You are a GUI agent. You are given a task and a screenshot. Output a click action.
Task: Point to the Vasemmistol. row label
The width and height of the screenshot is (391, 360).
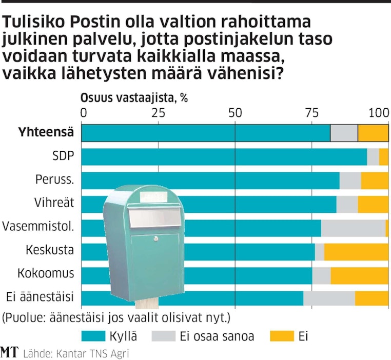(x=38, y=226)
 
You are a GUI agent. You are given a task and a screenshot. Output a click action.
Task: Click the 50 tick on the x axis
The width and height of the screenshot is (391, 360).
(x=234, y=112)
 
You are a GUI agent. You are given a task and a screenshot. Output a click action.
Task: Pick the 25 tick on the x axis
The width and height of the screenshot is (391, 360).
(x=158, y=112)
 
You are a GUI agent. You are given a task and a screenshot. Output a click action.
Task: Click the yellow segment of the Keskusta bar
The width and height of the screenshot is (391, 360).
(x=356, y=251)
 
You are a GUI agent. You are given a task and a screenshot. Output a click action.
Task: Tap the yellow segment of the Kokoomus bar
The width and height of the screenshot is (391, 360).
(x=359, y=275)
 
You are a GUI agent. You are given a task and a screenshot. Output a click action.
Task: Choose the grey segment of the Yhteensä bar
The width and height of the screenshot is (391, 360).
(x=344, y=133)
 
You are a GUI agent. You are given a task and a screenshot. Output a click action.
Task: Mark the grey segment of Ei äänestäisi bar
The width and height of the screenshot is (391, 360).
(x=329, y=298)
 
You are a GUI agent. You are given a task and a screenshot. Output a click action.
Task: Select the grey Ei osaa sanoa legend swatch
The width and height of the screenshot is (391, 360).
(x=164, y=336)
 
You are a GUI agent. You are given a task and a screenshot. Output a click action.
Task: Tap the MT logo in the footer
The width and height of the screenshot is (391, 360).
(x=9, y=352)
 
